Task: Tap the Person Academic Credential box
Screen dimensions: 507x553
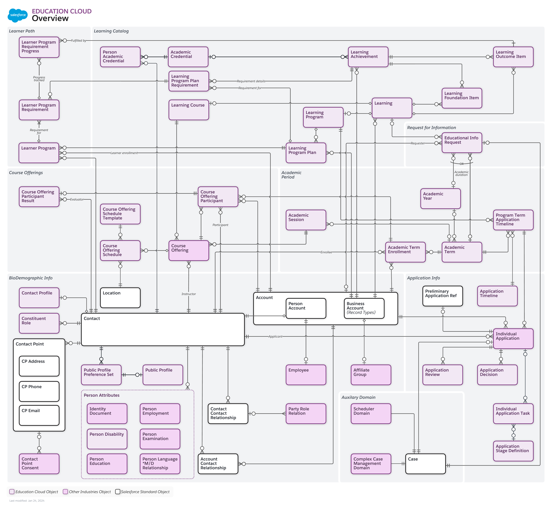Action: click(120, 57)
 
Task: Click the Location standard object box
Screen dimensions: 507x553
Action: click(120, 298)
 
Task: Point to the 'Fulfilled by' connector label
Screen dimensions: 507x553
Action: click(79, 41)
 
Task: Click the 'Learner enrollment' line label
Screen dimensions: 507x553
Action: click(124, 153)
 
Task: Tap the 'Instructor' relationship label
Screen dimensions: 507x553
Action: click(189, 294)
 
